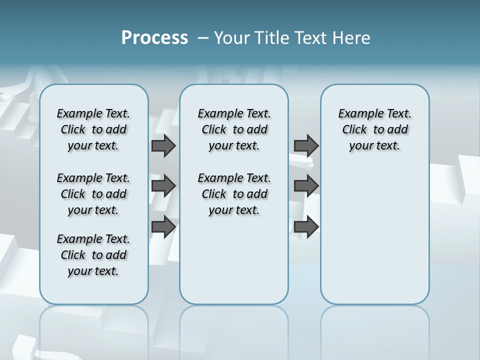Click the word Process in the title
tap(154, 37)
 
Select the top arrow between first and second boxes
tap(163, 145)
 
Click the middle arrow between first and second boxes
tap(163, 186)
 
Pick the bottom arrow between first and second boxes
tap(163, 226)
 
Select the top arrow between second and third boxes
tap(306, 145)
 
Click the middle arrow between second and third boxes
tap(306, 186)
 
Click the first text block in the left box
tap(93, 129)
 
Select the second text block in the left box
tap(93, 194)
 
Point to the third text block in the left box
tap(93, 255)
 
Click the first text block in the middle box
tap(234, 129)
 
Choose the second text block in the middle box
tap(234, 194)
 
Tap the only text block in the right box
tap(374, 129)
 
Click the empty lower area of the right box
tap(374, 240)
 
